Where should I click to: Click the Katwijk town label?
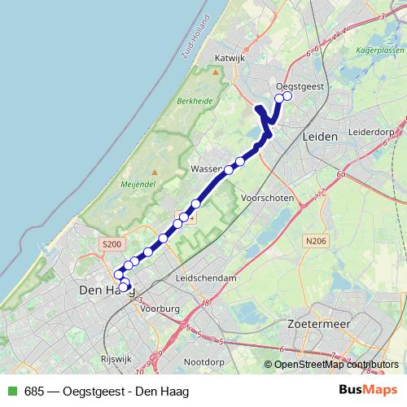point(229,58)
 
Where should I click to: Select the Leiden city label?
point(319,137)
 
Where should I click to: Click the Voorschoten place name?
point(266,198)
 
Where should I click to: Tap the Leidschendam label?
point(206,278)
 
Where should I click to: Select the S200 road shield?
point(112,243)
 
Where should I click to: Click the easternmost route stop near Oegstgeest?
point(287,97)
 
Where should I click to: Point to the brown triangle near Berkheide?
point(215,72)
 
